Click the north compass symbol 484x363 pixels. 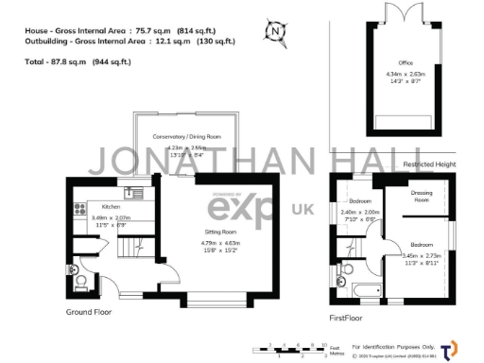click(276, 30)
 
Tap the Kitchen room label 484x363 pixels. click(111, 206)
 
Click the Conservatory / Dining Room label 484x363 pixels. click(187, 137)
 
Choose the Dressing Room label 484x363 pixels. click(421, 196)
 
